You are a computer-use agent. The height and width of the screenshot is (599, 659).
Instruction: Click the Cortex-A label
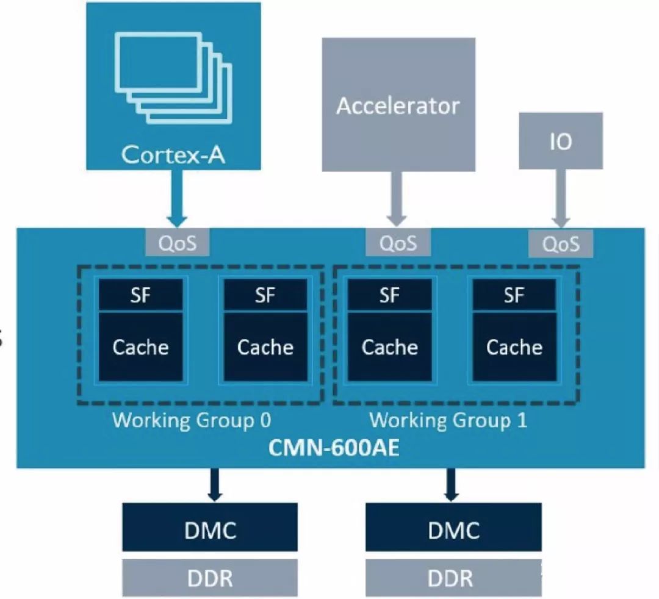click(x=173, y=154)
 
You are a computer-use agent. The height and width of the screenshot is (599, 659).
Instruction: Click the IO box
click(x=561, y=141)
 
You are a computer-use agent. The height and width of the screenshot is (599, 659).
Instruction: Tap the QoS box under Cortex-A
click(x=177, y=243)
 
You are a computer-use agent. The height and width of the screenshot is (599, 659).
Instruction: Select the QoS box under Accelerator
click(x=398, y=243)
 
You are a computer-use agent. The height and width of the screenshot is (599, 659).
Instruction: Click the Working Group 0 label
click(x=192, y=420)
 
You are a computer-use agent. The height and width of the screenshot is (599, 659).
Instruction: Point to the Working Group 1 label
click(x=448, y=420)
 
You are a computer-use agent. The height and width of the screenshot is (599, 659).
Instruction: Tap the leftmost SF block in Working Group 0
click(x=141, y=295)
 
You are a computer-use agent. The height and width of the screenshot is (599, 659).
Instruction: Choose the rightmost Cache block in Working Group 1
click(x=514, y=347)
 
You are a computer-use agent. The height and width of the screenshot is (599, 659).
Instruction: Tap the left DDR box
click(x=210, y=578)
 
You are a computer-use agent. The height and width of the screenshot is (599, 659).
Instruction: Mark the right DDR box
click(x=453, y=578)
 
